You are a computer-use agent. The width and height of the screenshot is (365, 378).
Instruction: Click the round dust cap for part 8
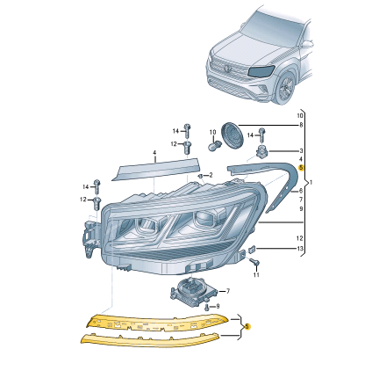point(232,134)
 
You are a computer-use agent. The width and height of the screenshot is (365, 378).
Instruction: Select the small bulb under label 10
point(214,145)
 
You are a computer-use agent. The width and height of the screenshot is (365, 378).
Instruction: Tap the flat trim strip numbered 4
point(155,169)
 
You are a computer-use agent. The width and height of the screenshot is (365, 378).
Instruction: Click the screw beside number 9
point(207,307)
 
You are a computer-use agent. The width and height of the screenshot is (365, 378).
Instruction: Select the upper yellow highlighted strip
point(157,323)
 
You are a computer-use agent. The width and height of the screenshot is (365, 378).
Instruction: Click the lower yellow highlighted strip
point(149,340)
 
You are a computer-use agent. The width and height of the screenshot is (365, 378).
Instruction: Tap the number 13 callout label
point(300,249)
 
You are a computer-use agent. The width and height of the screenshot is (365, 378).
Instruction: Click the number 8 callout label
point(301,125)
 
